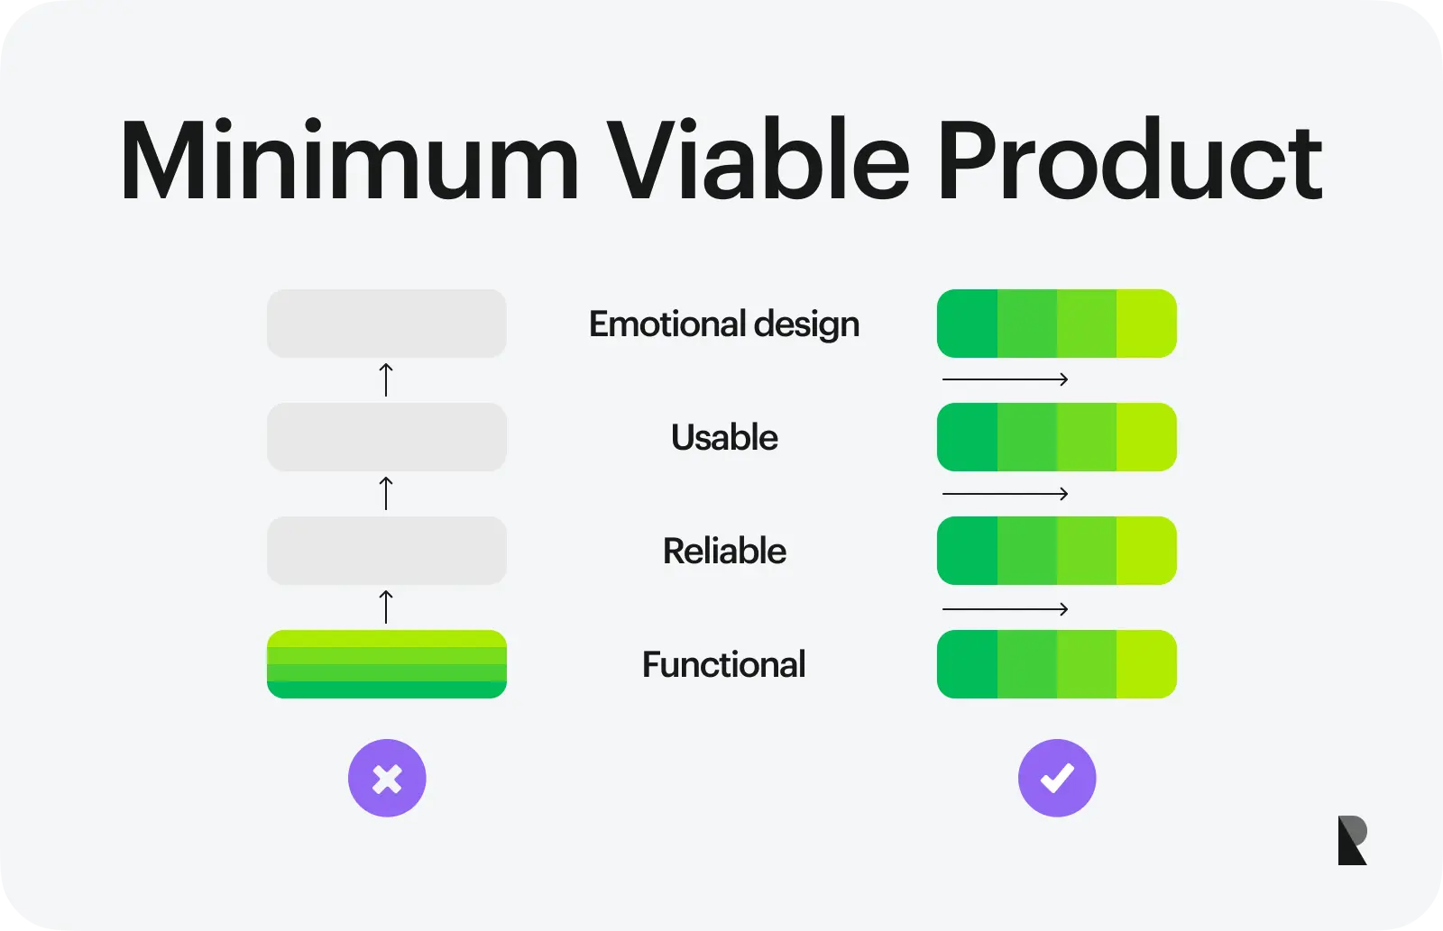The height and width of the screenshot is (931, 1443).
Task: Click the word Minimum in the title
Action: coord(350,159)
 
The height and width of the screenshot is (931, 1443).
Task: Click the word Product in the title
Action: coord(1129,159)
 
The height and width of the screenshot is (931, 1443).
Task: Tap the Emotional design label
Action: coord(724,324)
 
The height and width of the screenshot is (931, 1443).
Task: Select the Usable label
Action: coord(724,437)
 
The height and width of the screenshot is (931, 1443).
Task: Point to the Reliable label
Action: coord(724,551)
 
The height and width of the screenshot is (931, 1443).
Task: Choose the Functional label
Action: coord(723,664)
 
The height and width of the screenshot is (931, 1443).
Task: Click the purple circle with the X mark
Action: coord(387,778)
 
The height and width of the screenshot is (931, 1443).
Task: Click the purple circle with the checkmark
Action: coord(1057,778)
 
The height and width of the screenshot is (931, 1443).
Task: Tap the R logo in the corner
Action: coord(1352,840)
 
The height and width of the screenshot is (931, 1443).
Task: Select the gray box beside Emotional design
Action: coord(387,324)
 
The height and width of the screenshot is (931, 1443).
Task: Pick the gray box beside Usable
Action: coord(387,437)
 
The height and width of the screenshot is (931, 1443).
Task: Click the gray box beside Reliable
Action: coord(387,551)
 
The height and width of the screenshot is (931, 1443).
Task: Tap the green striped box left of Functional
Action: coord(387,664)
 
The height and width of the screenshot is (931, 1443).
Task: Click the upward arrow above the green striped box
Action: coord(386,607)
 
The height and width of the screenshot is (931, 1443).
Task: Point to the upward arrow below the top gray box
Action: coord(386,379)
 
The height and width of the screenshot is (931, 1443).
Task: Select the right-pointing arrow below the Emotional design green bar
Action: coord(1005,379)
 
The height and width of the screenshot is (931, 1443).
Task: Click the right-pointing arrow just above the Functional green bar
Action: coord(1005,608)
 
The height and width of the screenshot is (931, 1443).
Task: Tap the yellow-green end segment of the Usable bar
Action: coord(1146,437)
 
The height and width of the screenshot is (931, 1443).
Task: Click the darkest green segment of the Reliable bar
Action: coord(968,551)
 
